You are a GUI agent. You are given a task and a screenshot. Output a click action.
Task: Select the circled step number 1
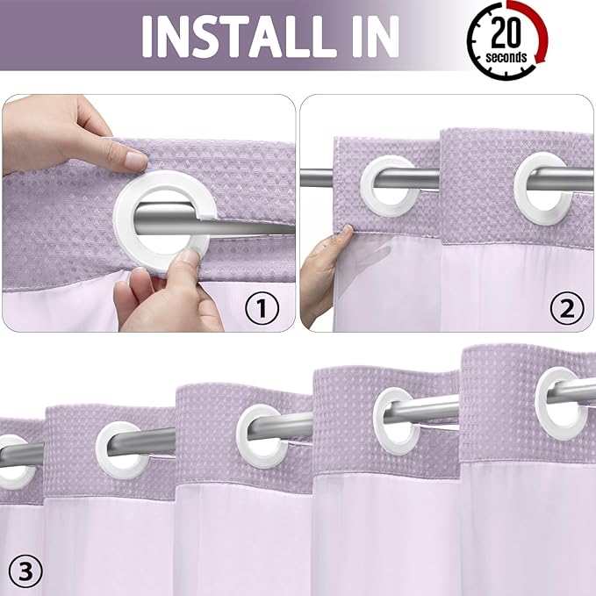click(261, 307)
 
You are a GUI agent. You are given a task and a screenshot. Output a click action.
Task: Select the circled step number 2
click(566, 307)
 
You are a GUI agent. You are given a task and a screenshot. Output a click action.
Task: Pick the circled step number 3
click(24, 572)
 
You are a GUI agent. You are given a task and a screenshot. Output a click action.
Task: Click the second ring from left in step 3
click(121, 449)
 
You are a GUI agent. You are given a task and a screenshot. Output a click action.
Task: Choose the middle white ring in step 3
click(262, 434)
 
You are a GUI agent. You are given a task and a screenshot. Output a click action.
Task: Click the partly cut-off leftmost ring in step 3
click(14, 462)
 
